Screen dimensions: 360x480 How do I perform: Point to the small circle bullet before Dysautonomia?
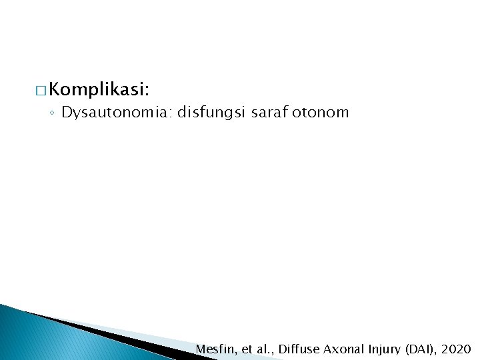(52, 113)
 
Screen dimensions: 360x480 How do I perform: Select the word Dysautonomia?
(116, 113)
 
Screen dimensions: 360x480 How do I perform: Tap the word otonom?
(322, 113)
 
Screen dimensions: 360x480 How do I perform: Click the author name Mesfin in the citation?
(214, 349)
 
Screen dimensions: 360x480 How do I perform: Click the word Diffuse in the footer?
(299, 349)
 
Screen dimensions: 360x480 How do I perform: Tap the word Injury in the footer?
(382, 349)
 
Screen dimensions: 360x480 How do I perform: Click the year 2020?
(456, 349)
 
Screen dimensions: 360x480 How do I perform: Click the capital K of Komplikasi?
(55, 89)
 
